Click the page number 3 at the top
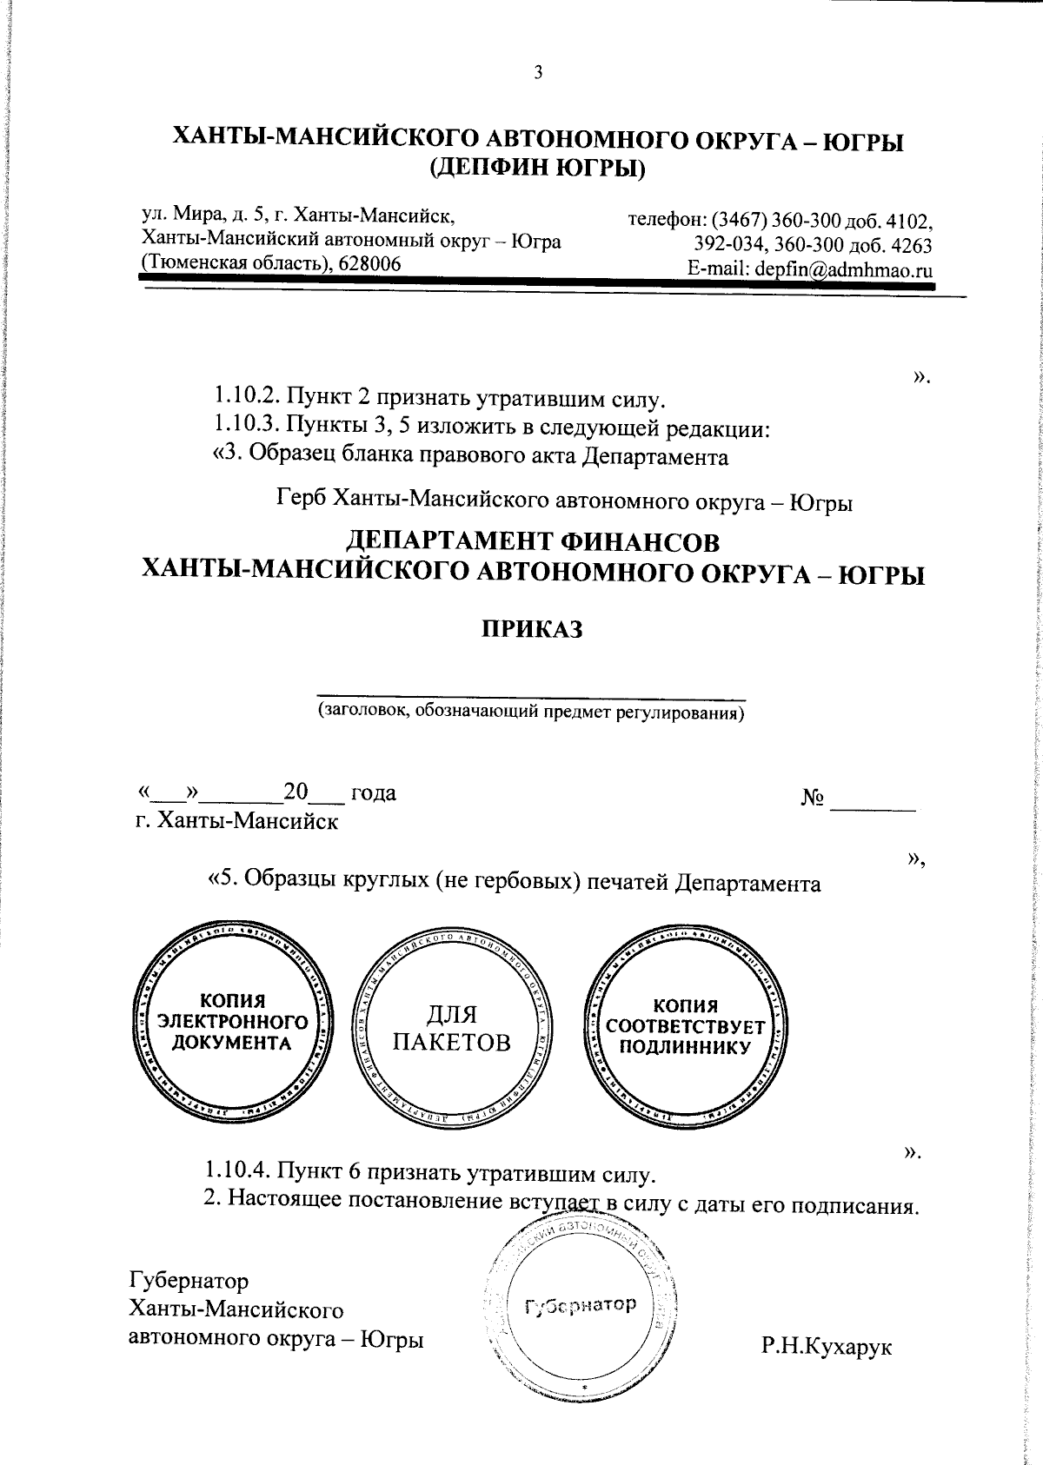pos(538,73)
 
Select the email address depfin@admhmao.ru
pos(844,269)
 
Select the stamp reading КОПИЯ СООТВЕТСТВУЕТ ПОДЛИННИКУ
pos(685,1026)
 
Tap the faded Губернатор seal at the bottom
pos(581,1304)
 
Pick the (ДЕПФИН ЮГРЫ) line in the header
pos(538,169)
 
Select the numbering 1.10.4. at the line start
pos(238,1175)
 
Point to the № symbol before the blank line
pos(813,796)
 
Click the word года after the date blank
pos(372,792)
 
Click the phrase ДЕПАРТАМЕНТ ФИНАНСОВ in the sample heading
pos(534,542)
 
